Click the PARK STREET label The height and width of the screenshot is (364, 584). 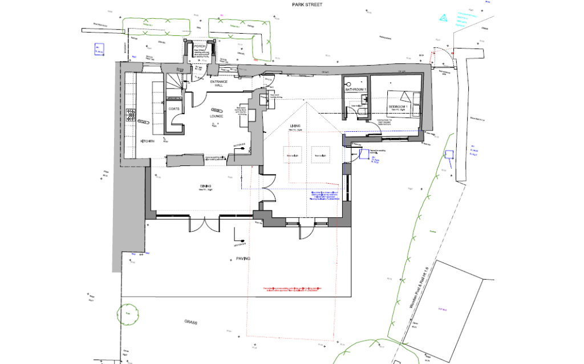291,5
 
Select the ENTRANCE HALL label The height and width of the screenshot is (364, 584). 218,84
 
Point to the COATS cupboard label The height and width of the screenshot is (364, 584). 174,108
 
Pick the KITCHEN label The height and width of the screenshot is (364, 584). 147,141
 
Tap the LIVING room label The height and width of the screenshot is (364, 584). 294,126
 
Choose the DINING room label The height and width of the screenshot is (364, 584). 206,186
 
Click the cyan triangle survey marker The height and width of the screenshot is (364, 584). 444,18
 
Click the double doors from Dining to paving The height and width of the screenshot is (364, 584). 204,224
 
